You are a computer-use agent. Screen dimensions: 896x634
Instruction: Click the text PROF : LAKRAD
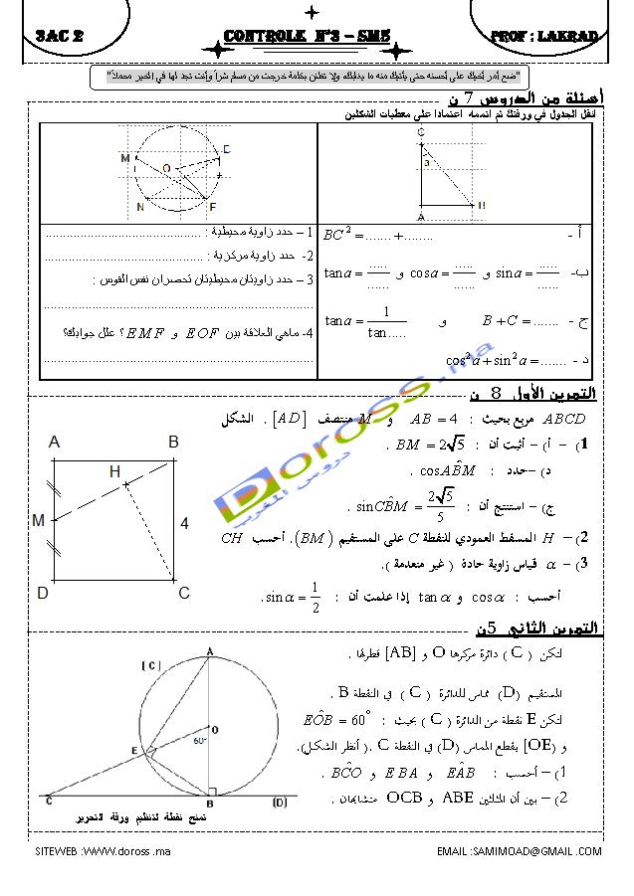[544, 38]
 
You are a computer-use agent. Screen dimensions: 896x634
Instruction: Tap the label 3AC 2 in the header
[58, 38]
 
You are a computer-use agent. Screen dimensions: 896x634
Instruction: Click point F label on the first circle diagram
[213, 206]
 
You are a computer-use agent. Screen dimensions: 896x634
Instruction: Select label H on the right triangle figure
[482, 205]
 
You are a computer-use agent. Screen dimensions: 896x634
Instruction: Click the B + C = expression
[520, 322]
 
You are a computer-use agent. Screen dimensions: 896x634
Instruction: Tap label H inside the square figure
[114, 470]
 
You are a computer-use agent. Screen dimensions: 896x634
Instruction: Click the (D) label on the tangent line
[280, 802]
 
